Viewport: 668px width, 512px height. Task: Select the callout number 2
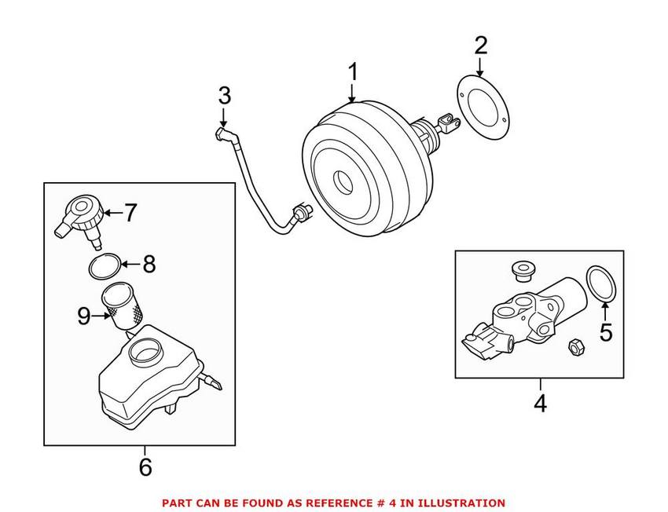[480, 45]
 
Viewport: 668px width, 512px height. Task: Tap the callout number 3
[225, 96]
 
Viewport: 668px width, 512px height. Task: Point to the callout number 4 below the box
[540, 404]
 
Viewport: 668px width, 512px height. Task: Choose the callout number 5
[605, 332]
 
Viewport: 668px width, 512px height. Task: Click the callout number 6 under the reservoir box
[145, 467]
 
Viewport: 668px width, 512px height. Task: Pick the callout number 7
[130, 212]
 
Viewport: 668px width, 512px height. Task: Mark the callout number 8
[148, 264]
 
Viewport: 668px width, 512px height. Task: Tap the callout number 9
[84, 316]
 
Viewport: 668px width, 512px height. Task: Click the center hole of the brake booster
[344, 183]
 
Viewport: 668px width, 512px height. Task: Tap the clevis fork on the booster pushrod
[447, 122]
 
